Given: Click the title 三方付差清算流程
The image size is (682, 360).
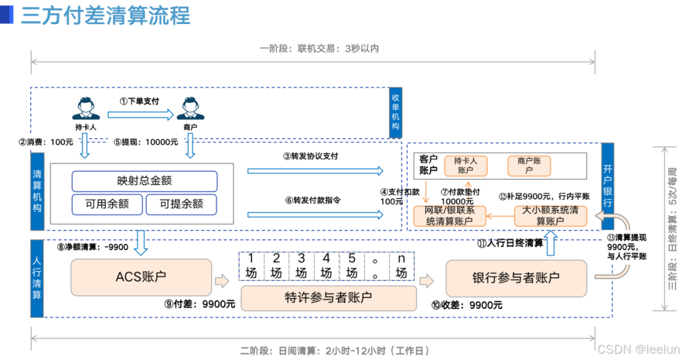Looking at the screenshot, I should click(x=105, y=16).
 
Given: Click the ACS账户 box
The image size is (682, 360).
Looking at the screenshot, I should click(x=141, y=277).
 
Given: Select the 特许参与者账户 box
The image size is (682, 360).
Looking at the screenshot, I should click(x=328, y=297).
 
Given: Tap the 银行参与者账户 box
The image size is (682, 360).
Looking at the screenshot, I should click(x=516, y=277).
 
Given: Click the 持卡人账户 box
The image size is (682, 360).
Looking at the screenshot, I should click(x=465, y=165).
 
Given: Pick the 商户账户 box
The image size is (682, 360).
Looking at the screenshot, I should click(x=529, y=165).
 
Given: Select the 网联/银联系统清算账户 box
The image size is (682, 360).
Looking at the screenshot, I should click(x=449, y=215).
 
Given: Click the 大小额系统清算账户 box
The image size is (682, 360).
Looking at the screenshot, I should click(x=550, y=215).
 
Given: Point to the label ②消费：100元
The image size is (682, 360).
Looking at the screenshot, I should click(x=46, y=142).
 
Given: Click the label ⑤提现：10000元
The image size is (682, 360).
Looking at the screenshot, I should click(x=146, y=142).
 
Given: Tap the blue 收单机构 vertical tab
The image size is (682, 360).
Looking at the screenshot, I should click(x=395, y=112).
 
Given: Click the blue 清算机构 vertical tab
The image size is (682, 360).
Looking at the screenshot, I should click(x=37, y=190).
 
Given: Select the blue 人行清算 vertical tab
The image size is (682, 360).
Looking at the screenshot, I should click(x=37, y=279).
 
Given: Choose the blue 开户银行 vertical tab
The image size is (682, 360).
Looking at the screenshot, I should click(x=607, y=187).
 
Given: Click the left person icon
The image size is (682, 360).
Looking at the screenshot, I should click(x=85, y=109).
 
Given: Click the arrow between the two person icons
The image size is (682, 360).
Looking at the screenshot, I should click(x=140, y=114).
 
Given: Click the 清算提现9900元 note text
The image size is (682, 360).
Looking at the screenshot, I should click(x=626, y=247).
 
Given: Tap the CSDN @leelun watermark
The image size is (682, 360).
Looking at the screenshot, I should click(x=638, y=349).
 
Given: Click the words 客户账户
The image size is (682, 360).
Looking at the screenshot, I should click(x=428, y=164).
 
